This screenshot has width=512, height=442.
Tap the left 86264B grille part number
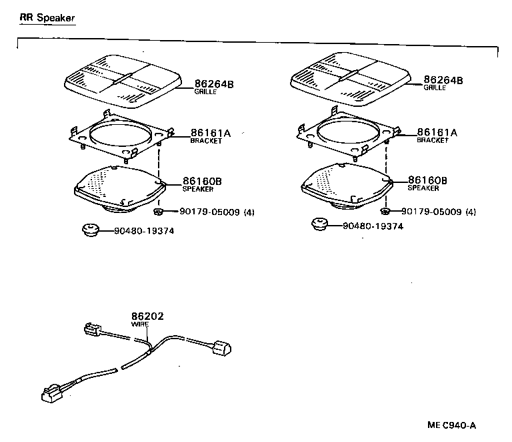[x=214, y=84]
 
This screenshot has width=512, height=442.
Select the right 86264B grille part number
[x=443, y=80]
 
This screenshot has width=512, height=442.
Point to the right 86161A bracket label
[x=437, y=133]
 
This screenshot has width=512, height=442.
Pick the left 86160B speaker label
[x=203, y=181]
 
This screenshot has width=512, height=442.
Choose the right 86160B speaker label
[x=427, y=180]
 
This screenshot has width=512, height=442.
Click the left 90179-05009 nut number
[x=209, y=212]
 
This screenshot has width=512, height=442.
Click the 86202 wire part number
[x=147, y=316]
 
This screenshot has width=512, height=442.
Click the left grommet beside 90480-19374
[x=89, y=230]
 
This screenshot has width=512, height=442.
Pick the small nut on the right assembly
[x=385, y=211]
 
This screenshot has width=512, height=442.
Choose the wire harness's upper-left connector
[x=92, y=330]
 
